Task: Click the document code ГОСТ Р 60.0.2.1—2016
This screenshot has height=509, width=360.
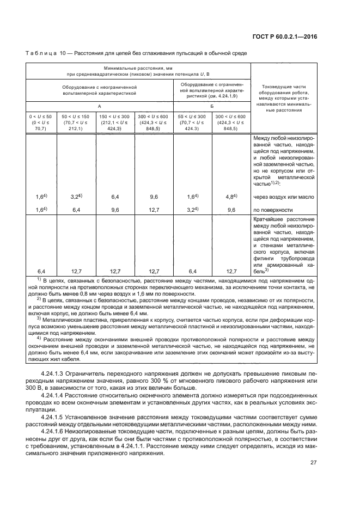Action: [x=292, y=36]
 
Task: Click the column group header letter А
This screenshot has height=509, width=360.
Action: [x=99, y=107]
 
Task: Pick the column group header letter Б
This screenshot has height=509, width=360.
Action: [x=211, y=107]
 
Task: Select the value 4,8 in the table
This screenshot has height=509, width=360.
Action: [x=230, y=197]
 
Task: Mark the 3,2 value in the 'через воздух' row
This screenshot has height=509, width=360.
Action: [x=75, y=197]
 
